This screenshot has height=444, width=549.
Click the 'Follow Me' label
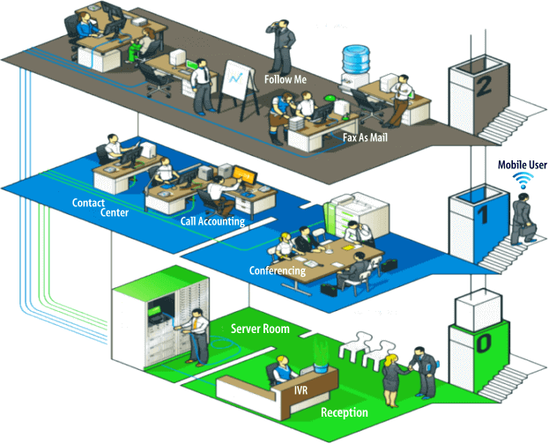pyautogui.click(x=286, y=78)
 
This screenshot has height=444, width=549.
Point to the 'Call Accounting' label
pyautogui.click(x=212, y=222)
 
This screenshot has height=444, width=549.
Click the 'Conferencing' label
pyautogui.click(x=278, y=270)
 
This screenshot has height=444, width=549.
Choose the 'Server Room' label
pyautogui.click(x=260, y=329)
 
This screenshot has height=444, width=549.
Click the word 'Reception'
pyautogui.click(x=345, y=412)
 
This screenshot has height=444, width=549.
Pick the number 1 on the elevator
pyautogui.click(x=481, y=214)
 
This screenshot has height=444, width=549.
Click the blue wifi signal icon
pyautogui.click(x=525, y=181)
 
